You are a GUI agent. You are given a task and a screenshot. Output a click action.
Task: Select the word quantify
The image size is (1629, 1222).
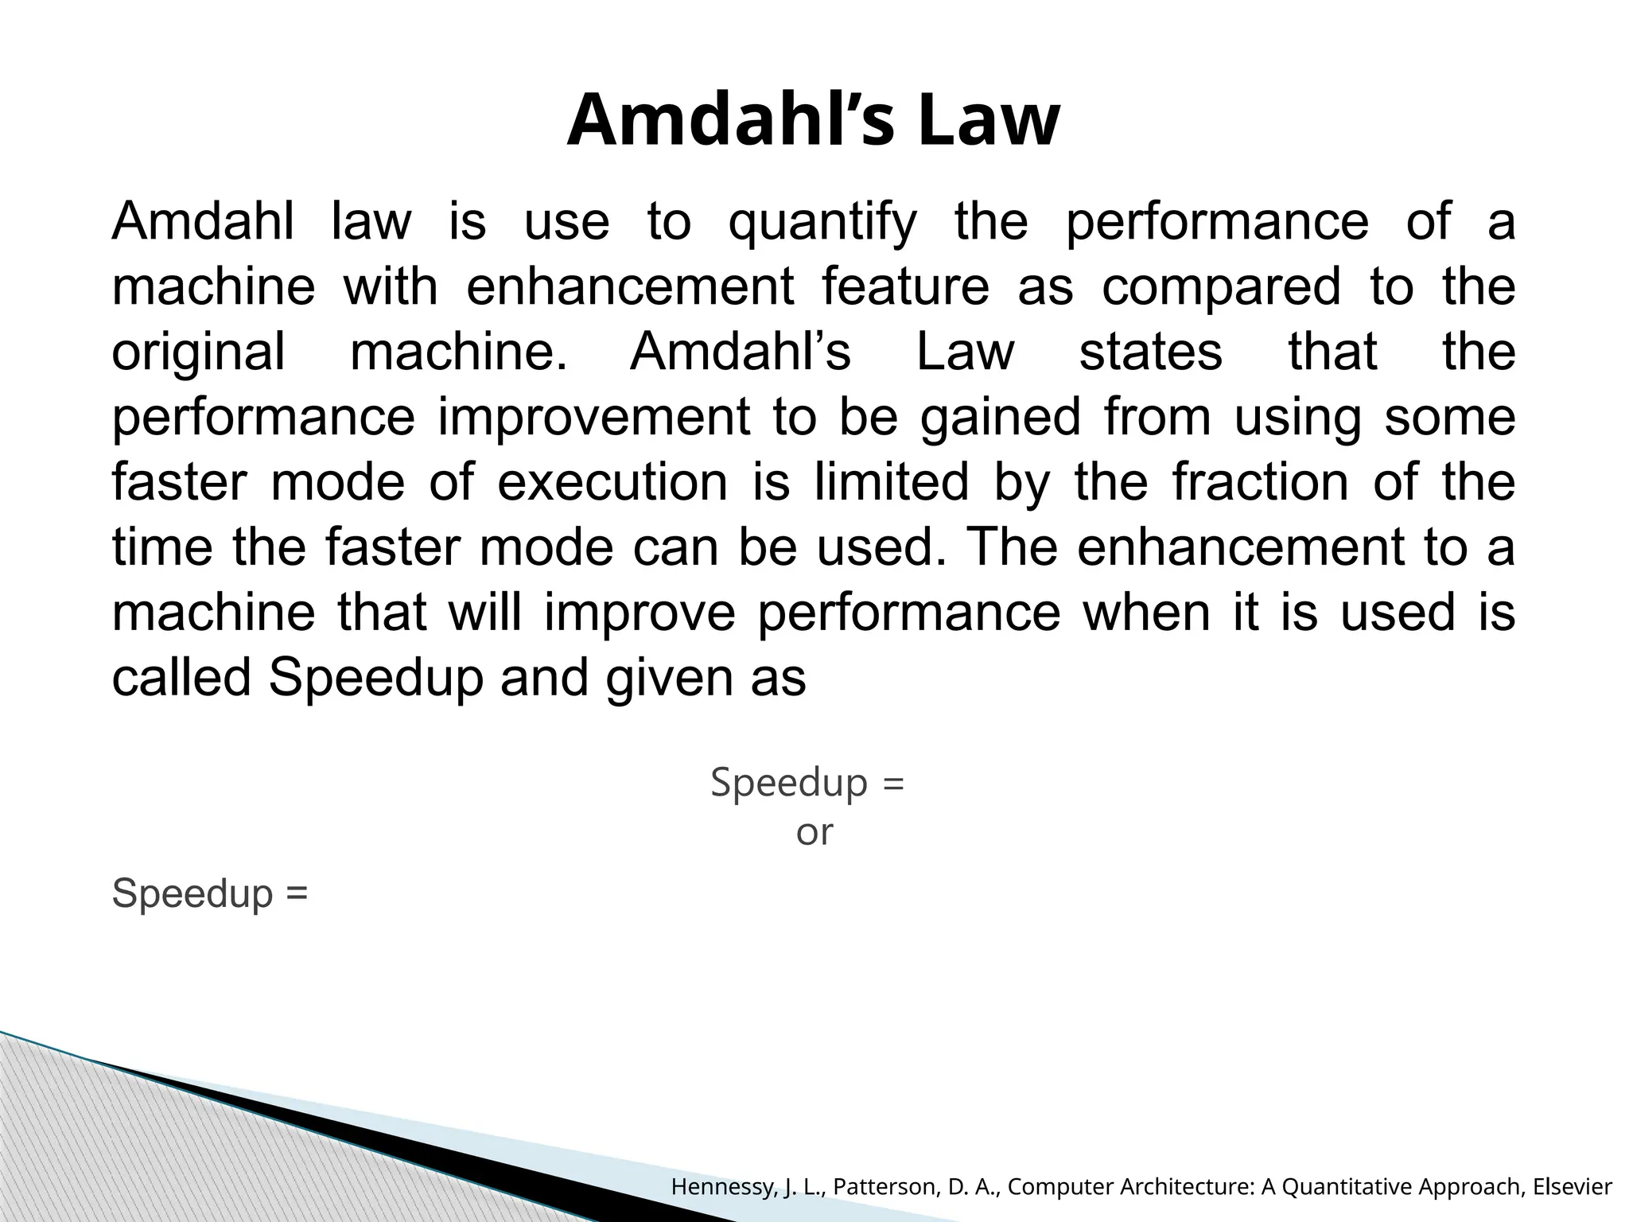point(822,223)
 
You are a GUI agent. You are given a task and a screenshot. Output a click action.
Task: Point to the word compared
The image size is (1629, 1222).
point(1221,287)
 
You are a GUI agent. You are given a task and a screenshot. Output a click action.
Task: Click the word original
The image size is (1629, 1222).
point(198,352)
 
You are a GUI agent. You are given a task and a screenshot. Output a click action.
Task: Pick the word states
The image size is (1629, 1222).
point(1150,352)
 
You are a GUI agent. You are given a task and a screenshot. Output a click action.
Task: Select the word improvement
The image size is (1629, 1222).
point(593,418)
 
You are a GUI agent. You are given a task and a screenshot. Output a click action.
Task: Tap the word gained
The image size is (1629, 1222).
point(1000,418)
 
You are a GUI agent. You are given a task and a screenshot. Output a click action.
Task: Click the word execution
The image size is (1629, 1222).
point(612,483)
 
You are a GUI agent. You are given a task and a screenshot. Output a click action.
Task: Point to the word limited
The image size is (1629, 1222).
point(891,483)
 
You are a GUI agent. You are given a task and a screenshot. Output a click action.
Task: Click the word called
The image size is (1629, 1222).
point(181,679)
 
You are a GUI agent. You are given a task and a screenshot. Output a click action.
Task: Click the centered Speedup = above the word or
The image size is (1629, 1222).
point(807,782)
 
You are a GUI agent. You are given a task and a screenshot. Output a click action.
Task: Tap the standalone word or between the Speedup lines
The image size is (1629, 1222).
point(814,833)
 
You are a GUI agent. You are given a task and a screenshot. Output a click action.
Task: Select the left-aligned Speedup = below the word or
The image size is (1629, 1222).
point(209,893)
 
